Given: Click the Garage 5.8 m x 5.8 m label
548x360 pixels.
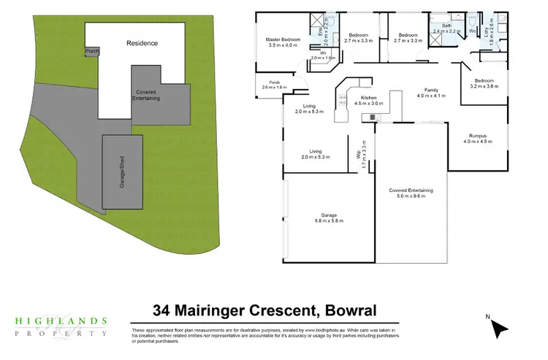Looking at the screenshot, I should (328, 217).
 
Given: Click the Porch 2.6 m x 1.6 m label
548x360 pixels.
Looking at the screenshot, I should (275, 85).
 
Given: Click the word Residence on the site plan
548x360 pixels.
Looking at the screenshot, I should (142, 43).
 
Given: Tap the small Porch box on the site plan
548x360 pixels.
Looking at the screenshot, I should (92, 51).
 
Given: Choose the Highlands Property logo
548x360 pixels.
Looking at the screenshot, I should (61, 326).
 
